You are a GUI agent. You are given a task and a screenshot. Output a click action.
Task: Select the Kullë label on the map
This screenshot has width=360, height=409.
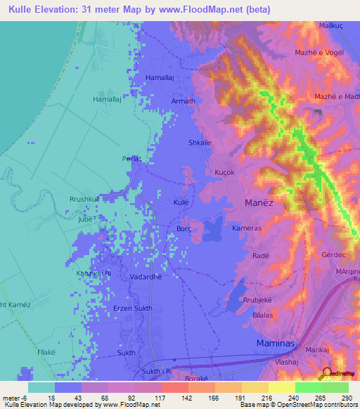182,202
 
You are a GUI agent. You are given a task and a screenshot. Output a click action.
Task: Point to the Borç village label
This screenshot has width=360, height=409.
184,229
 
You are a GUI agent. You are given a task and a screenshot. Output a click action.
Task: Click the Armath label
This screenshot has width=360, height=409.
184,101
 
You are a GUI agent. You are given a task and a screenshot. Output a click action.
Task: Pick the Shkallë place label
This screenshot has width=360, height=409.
199,143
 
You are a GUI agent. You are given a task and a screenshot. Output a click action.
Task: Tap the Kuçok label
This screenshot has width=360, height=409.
224,172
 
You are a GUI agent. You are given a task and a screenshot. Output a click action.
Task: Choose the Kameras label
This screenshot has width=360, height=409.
247,229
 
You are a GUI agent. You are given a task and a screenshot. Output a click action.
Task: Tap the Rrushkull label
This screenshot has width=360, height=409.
86,199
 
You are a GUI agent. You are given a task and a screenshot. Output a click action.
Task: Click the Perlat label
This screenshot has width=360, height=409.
131,159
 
